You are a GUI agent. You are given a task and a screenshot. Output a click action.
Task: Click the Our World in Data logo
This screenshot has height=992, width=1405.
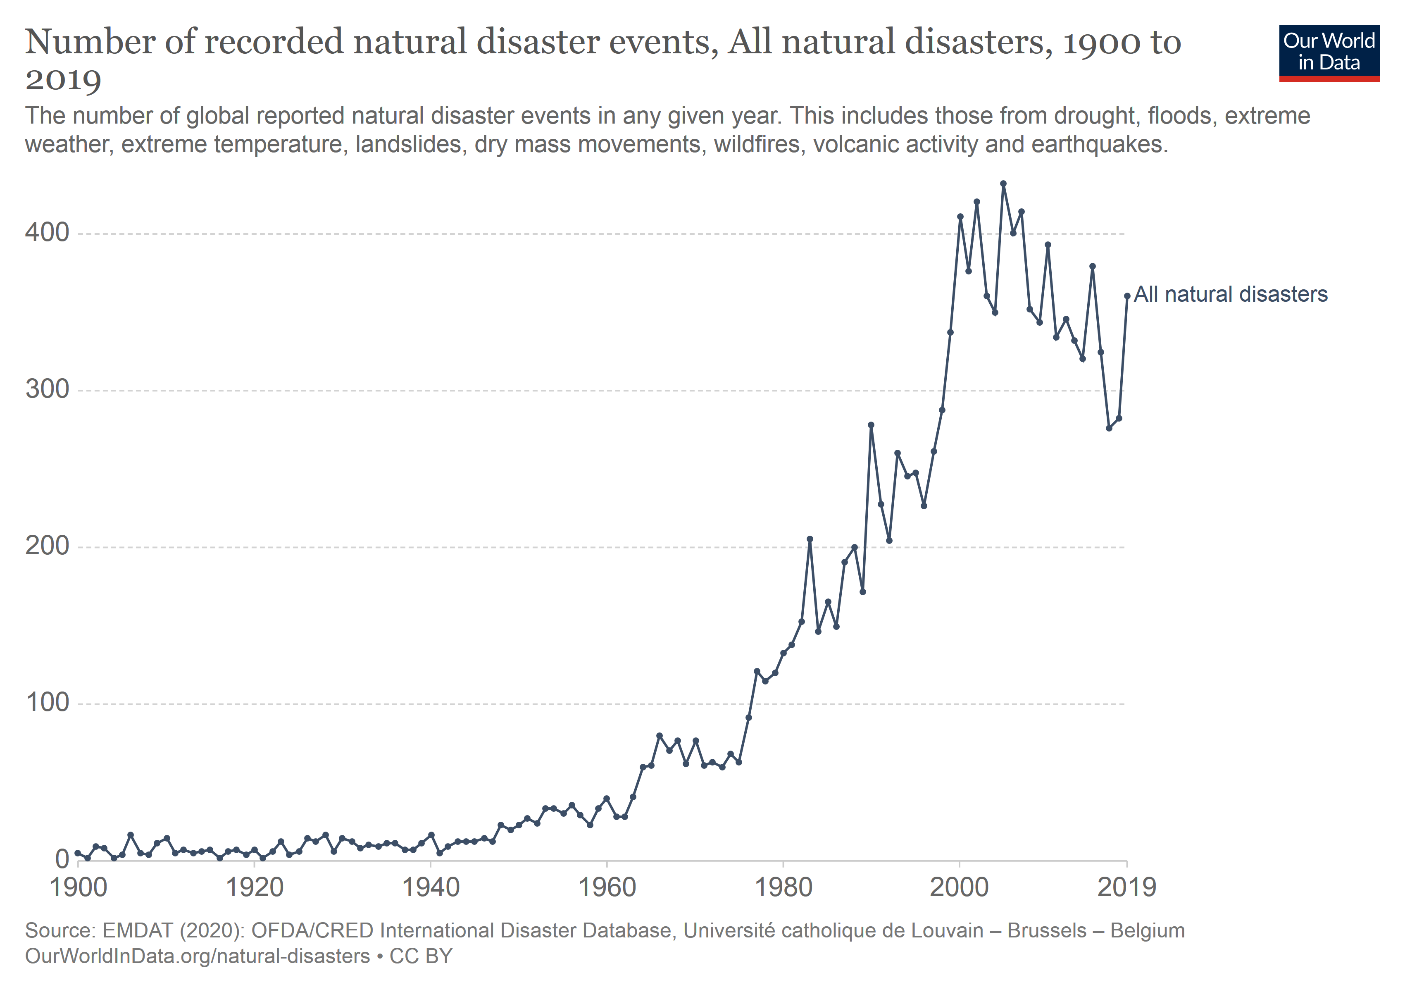(1329, 53)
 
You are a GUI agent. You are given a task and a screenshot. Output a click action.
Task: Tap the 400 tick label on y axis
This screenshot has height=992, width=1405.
(47, 233)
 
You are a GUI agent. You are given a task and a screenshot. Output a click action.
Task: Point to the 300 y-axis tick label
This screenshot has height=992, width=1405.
(47, 389)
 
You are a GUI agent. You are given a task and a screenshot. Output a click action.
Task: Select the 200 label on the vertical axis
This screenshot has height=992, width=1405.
(47, 546)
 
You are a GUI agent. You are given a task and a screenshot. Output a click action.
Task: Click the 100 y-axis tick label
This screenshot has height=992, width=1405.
(47, 703)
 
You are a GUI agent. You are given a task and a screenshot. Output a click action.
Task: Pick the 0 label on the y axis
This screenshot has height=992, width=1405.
(62, 859)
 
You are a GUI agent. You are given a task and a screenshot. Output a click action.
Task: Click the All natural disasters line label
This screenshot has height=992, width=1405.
(1231, 294)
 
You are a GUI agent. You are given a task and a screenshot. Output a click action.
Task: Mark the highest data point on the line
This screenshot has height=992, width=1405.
(1003, 184)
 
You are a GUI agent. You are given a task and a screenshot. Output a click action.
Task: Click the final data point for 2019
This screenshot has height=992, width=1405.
(1127, 296)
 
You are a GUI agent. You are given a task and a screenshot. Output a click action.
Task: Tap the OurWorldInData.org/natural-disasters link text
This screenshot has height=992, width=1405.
(198, 956)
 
